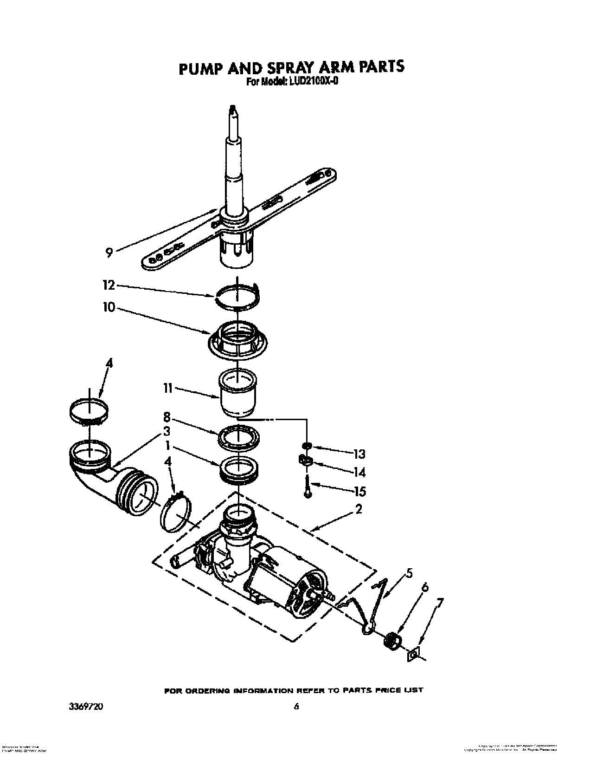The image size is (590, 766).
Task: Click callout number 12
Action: pos(109,285)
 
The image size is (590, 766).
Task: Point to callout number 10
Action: pos(109,307)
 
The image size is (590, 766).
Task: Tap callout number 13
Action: pos(359,454)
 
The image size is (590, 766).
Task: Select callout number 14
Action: pos(359,472)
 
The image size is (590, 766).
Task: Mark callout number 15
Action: pos(359,491)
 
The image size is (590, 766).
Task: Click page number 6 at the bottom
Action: pos(295,707)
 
